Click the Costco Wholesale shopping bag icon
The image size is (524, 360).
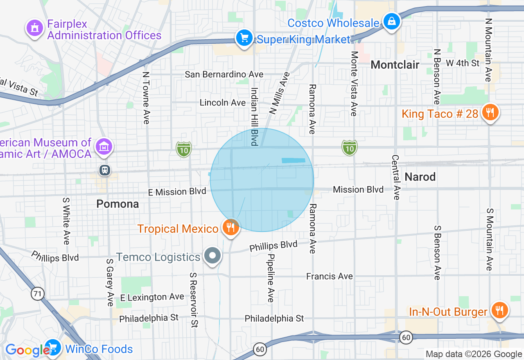click(392, 20)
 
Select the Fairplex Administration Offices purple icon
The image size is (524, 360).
click(35, 28)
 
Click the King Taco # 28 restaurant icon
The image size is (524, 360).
click(490, 112)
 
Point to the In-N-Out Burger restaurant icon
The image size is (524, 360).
click(499, 310)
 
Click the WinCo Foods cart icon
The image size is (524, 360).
click(53, 348)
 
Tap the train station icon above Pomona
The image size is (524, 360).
click(105, 170)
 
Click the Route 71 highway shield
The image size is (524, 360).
click(38, 294)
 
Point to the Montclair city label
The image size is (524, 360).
click(395, 65)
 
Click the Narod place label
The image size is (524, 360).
click(420, 177)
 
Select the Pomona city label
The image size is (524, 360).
click(118, 204)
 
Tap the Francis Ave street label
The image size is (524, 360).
click(330, 277)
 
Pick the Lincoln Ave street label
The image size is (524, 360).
click(223, 102)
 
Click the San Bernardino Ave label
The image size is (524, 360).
click(224, 74)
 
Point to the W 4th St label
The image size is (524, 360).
click(463, 63)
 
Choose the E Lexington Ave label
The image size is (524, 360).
click(152, 297)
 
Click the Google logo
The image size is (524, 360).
click(27, 350)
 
